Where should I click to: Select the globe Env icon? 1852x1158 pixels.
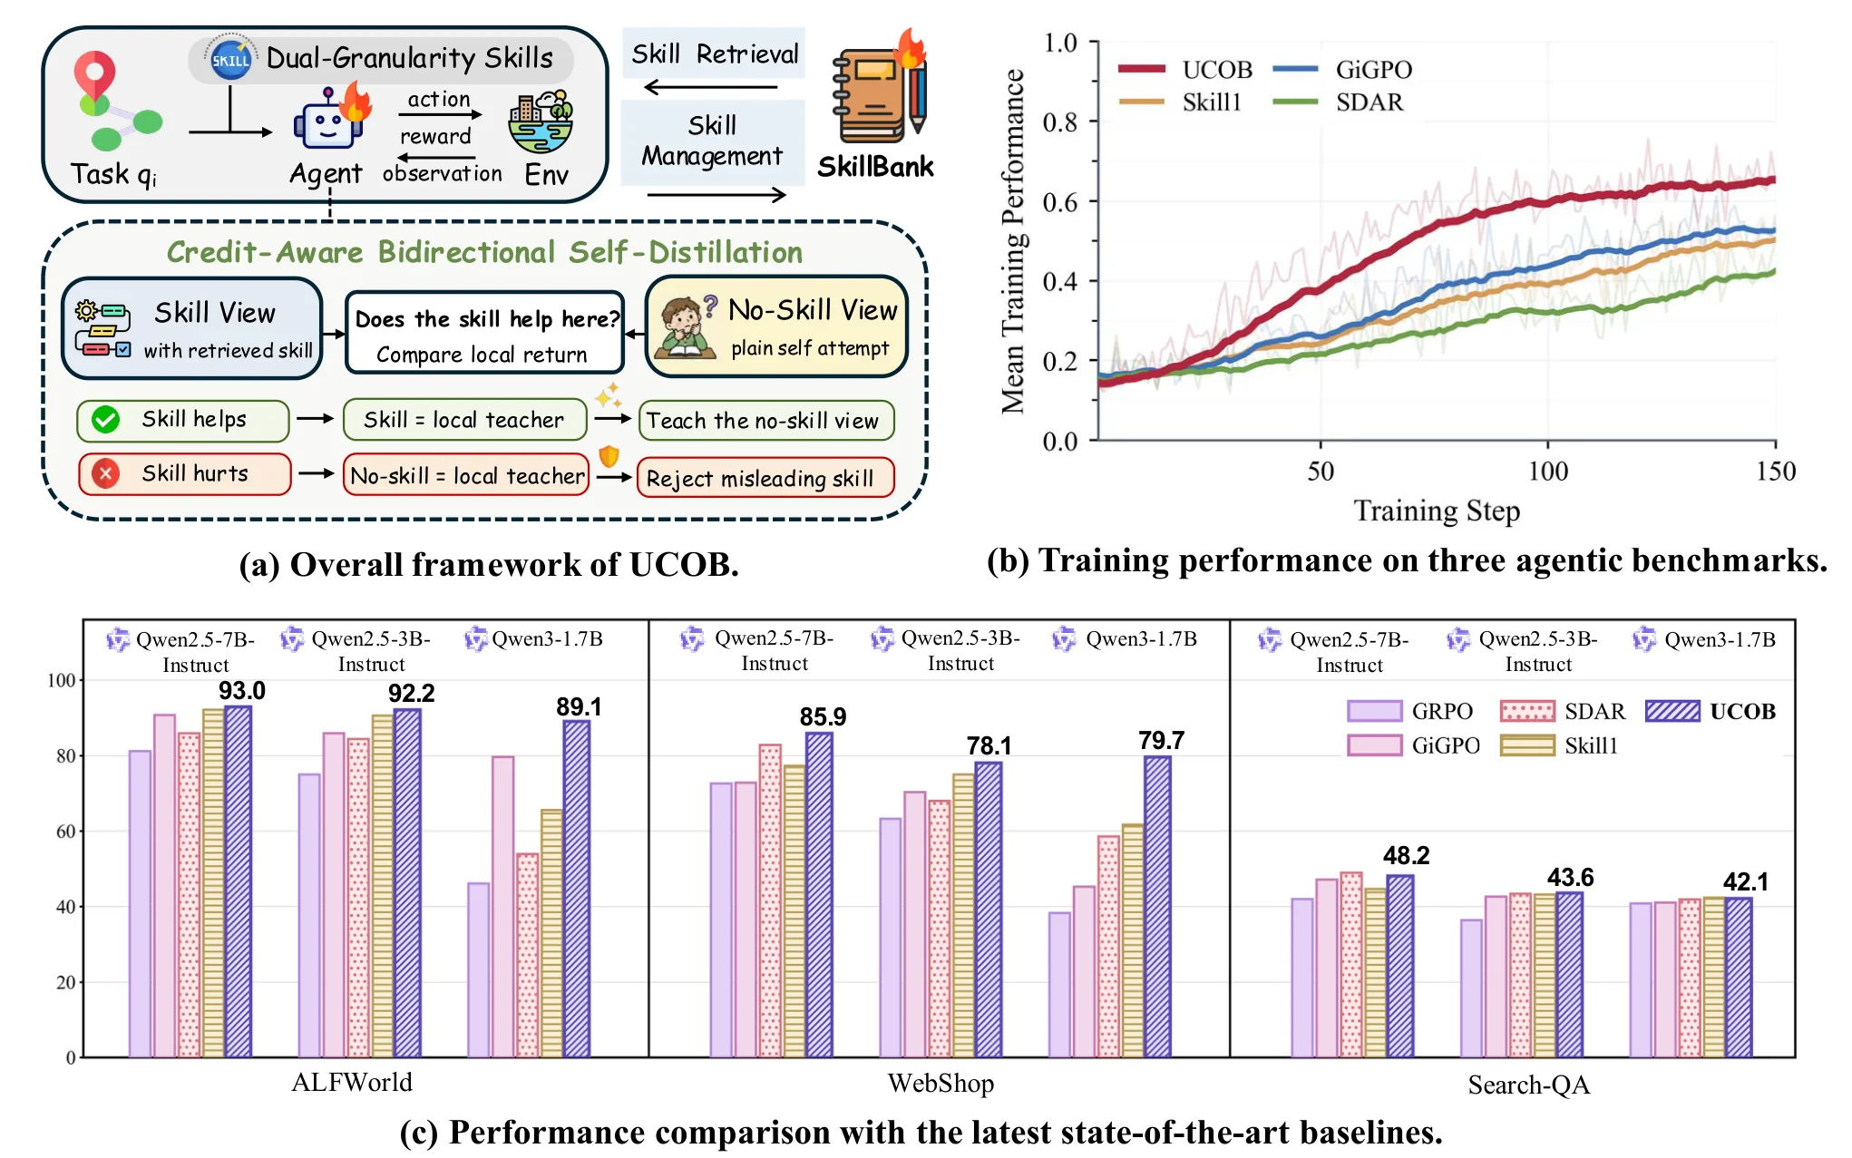point(541,123)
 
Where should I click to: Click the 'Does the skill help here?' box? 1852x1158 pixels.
point(485,333)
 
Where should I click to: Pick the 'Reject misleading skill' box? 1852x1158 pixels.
point(766,477)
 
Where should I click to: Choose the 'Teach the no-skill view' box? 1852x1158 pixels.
point(766,421)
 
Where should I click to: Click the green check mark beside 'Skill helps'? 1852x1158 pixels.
point(106,419)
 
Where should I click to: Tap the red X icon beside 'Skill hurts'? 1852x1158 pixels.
point(106,473)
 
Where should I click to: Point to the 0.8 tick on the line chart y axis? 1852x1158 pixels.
point(1059,122)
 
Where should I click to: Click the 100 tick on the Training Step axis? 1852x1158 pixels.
point(1547,471)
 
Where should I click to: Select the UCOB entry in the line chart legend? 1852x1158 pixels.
point(1185,69)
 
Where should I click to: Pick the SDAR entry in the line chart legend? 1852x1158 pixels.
point(1339,102)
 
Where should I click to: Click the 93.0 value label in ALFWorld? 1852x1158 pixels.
point(241,691)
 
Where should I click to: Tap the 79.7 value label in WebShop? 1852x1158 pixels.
point(1161,741)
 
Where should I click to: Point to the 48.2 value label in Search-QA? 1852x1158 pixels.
point(1406,856)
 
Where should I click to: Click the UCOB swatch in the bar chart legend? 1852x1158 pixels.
point(1672,711)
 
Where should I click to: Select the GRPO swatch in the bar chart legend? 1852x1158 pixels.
point(1375,711)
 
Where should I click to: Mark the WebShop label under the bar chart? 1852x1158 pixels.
point(941,1083)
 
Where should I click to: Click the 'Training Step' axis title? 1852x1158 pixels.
point(1437,511)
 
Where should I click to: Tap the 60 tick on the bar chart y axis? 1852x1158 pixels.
point(65,832)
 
